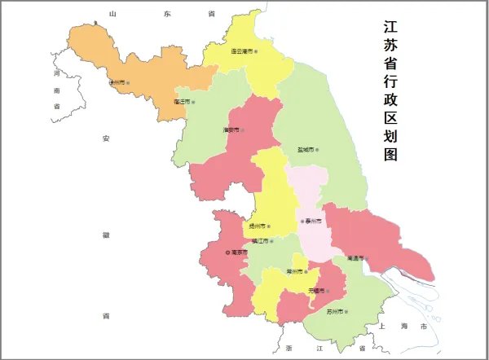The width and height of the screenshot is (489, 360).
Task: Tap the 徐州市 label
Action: tap(116, 82)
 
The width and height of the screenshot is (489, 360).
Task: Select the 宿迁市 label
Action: tap(183, 102)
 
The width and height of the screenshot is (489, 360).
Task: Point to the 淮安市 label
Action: tap(231, 130)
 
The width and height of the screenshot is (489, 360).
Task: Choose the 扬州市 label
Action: tap(258, 226)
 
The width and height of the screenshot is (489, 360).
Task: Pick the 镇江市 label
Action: tap(262, 241)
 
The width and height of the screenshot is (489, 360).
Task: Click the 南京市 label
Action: tap(238, 253)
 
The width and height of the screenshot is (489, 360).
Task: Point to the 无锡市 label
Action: tap(316, 291)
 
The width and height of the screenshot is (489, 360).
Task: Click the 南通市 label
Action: tap(355, 259)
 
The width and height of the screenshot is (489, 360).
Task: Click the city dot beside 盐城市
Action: tap(318, 150)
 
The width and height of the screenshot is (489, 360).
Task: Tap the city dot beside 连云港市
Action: tap(256, 51)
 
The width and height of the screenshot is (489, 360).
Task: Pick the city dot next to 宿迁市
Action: tap(196, 102)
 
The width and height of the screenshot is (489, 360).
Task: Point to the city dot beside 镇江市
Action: tap(277, 241)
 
